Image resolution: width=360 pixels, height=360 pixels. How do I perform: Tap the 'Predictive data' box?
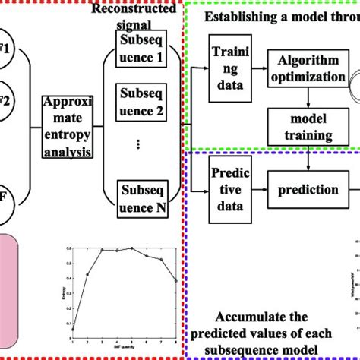coord(230,196)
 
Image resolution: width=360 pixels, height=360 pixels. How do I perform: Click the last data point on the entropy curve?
coord(176,280)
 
